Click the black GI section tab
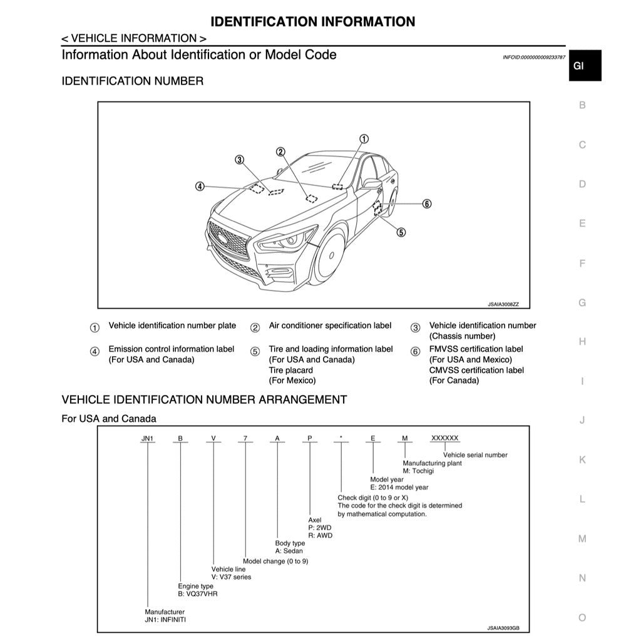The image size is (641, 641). click(585, 66)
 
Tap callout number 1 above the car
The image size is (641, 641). click(364, 138)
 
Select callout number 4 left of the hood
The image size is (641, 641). click(200, 186)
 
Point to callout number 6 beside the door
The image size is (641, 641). click(426, 203)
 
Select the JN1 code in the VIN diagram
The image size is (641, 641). click(148, 438)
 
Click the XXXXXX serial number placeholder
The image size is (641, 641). click(445, 438)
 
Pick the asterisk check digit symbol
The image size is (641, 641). click(341, 439)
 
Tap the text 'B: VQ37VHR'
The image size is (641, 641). click(198, 593)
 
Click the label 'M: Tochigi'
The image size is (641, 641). click(418, 471)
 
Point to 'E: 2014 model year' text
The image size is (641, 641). click(399, 487)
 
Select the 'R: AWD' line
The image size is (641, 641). click(320, 535)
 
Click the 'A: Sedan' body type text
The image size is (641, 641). click(289, 551)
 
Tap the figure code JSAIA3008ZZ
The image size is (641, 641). click(503, 304)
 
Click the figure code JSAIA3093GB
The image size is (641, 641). click(503, 627)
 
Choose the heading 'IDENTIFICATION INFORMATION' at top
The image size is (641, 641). click(312, 22)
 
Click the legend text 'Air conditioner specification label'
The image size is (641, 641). click(330, 326)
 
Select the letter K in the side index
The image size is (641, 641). click(582, 460)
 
